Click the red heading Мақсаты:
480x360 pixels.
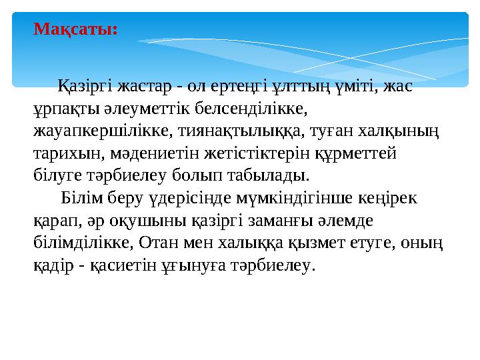click(x=76, y=29)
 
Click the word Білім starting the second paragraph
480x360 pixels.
click(x=79, y=198)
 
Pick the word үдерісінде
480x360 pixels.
click(x=183, y=198)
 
